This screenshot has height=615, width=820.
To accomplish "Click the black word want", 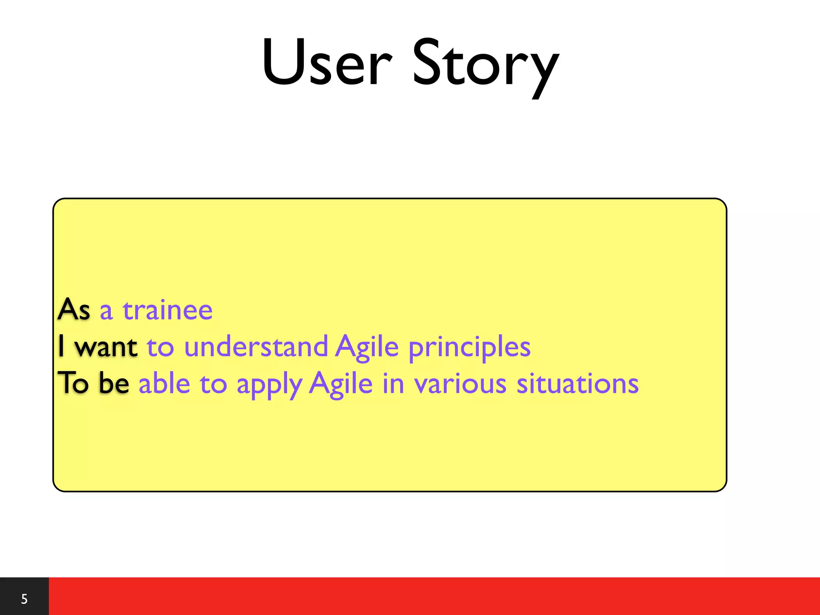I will tap(106, 346).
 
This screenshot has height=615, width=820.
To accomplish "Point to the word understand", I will tap(256, 346).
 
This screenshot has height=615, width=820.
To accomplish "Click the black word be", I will tap(114, 383).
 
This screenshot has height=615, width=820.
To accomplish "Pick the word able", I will tap(164, 383).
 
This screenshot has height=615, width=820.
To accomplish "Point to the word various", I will tap(460, 384).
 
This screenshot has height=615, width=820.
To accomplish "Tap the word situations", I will tap(577, 383).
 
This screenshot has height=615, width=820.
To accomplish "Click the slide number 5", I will tap(24, 599).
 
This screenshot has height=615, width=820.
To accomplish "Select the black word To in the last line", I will tap(73, 383).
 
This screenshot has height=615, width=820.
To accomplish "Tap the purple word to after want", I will tap(160, 347).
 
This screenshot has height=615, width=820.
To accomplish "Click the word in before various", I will tap(393, 383).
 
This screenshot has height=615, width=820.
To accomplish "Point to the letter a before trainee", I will tap(106, 311).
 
